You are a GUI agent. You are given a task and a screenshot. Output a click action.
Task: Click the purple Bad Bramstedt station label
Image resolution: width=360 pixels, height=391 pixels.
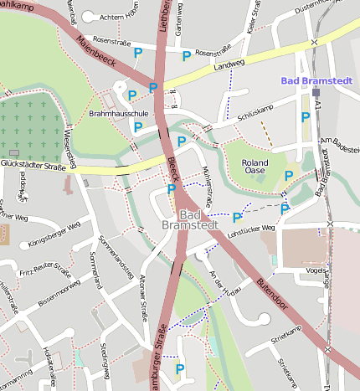318,80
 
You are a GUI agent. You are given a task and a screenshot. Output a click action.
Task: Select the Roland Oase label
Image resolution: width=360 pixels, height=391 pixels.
255,167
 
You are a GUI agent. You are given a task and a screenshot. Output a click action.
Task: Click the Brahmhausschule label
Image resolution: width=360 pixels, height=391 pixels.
119,112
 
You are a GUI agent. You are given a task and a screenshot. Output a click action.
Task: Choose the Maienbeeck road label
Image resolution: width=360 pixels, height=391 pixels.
94,51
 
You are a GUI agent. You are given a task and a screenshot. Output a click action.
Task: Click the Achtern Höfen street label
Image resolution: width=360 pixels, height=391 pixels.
120,17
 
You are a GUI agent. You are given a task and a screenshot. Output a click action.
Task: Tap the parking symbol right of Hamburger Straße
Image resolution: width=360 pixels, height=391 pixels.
179,368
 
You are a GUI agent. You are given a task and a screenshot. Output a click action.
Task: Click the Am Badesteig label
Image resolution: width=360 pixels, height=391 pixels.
338,144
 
